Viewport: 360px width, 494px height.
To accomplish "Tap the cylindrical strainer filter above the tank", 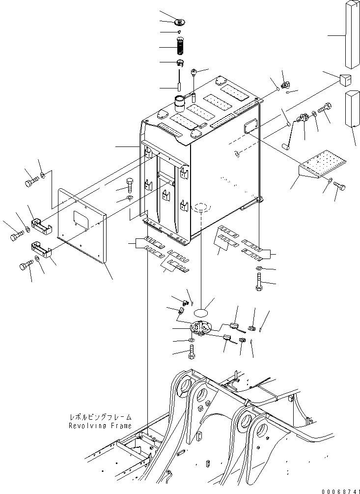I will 179,48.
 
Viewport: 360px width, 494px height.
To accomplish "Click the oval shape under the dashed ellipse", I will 204,311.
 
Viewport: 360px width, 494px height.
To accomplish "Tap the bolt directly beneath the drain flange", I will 192,351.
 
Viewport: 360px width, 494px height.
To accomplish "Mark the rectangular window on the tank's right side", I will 250,125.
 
